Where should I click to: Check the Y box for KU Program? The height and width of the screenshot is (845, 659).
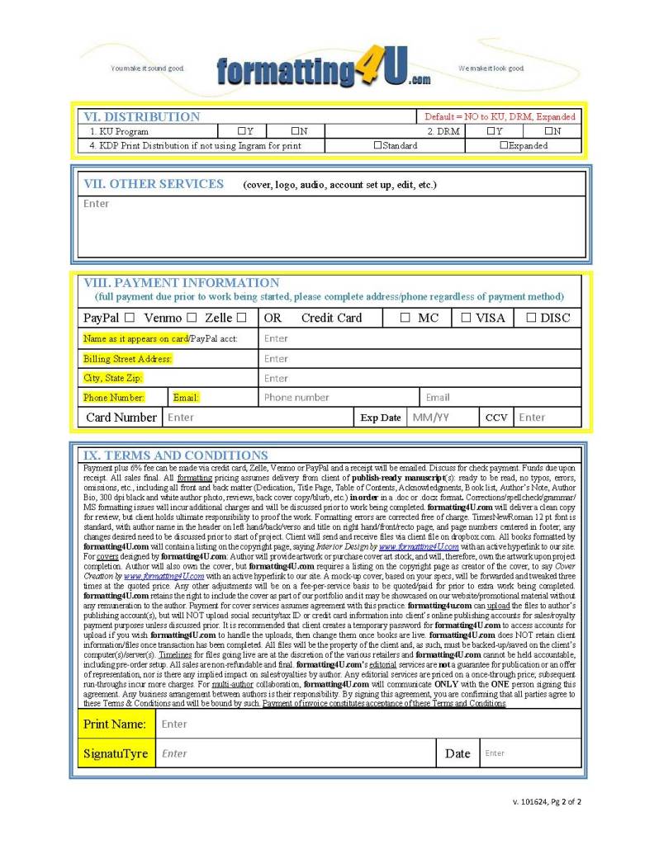[241, 131]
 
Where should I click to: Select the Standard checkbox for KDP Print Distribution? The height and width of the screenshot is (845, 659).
[377, 145]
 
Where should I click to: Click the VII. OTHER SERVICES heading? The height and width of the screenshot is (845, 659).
[154, 184]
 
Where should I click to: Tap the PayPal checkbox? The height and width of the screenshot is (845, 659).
[130, 318]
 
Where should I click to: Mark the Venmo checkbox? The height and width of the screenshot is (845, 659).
[192, 318]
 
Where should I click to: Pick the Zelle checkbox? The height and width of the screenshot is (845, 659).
[241, 318]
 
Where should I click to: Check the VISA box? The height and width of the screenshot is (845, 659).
[466, 318]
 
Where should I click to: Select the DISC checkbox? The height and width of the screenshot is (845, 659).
[531, 318]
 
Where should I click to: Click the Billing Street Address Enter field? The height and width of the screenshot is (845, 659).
[276, 359]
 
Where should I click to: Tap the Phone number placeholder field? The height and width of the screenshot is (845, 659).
[296, 398]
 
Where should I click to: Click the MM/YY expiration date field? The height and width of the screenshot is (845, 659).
[431, 418]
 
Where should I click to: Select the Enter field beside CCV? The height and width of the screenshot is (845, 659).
[532, 418]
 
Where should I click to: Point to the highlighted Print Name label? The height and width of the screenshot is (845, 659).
[114, 725]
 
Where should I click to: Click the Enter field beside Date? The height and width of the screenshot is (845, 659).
[495, 753]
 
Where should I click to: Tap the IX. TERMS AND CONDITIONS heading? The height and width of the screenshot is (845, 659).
[175, 456]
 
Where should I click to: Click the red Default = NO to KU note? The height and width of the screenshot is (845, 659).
[500, 117]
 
